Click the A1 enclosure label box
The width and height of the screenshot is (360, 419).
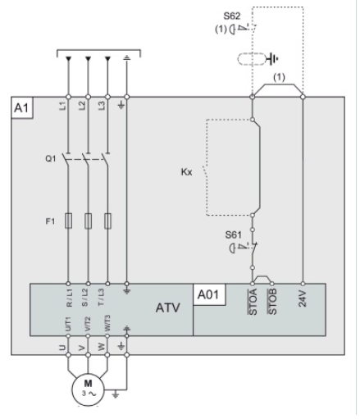22,107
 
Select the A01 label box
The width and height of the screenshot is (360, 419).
209,294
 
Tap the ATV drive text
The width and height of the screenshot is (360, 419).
168,307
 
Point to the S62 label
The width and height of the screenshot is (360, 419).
232,16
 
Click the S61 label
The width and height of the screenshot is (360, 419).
234,235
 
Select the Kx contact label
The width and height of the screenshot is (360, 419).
186,172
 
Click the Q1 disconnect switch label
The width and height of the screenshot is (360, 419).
51,158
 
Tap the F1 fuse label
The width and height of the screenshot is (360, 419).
50,221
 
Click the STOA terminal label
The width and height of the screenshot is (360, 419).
253,302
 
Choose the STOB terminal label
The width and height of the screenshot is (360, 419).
272,302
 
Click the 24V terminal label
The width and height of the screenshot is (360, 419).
303,298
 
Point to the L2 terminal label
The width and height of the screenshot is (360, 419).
82,106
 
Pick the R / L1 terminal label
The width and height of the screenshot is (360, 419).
70,298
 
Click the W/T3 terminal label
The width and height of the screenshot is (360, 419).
107,323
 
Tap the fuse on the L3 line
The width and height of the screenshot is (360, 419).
107,221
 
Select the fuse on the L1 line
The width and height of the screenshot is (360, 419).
68,221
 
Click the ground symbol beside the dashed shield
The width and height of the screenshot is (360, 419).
274,59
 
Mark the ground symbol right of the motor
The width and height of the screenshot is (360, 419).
116,394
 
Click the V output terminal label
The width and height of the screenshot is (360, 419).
82,348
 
